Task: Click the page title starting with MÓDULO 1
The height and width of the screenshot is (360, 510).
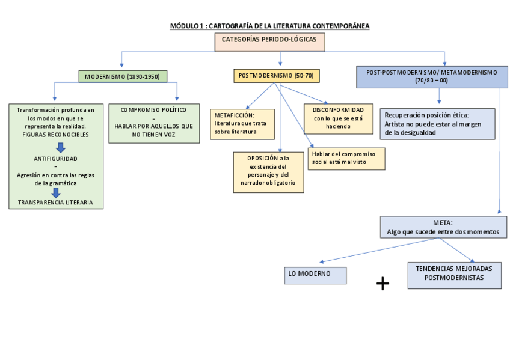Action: [269, 26]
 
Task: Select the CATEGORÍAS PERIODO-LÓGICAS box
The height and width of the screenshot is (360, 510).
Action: [269, 41]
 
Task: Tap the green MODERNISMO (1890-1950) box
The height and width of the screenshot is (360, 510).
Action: [122, 77]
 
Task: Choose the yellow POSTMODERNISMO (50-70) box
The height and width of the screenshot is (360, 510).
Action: [276, 76]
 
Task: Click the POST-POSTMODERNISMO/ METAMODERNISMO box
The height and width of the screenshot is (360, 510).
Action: [431, 76]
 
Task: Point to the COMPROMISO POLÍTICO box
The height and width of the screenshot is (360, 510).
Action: [153, 123]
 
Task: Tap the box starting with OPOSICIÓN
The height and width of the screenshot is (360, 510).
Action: [268, 172]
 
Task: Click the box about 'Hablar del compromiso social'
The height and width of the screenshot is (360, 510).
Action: [346, 158]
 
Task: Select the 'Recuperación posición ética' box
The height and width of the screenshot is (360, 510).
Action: [437, 124]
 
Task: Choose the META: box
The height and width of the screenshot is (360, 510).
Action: [443, 227]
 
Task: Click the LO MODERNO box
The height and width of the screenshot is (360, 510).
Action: [315, 275]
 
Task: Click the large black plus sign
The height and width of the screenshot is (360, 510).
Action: [382, 284]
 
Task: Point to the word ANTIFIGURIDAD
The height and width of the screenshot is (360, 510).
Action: [56, 159]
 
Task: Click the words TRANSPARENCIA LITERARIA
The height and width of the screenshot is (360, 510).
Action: [56, 203]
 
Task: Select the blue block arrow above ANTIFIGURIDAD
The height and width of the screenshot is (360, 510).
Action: [60, 147]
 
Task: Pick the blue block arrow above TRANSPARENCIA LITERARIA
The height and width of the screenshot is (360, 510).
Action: [56, 192]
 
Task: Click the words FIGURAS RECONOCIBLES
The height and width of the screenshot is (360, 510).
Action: [56, 135]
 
